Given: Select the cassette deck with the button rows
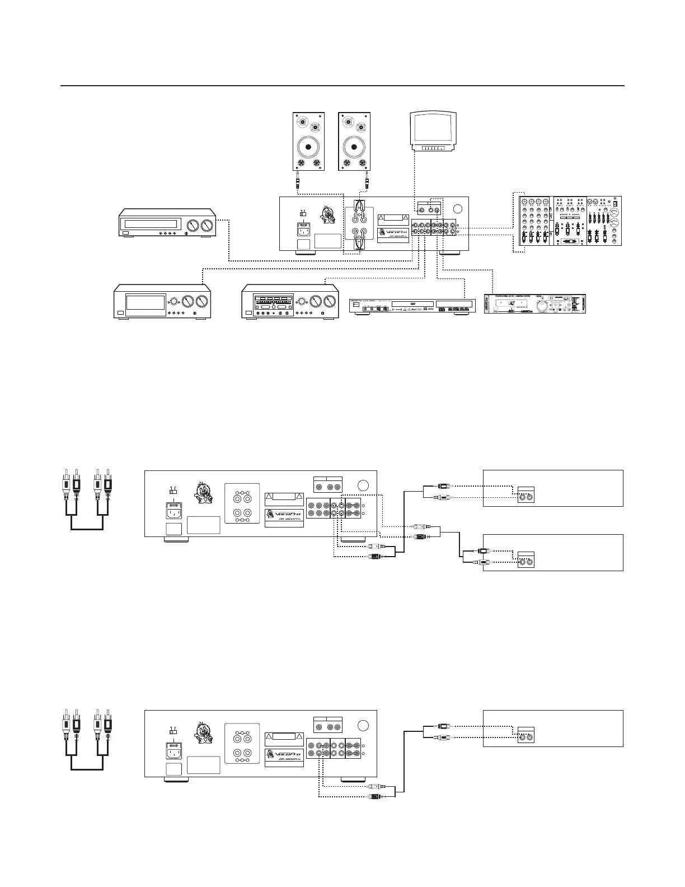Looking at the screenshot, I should coord(290,302).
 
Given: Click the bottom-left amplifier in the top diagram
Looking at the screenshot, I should coord(162,302).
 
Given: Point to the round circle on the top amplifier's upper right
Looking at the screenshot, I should coord(457,209).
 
